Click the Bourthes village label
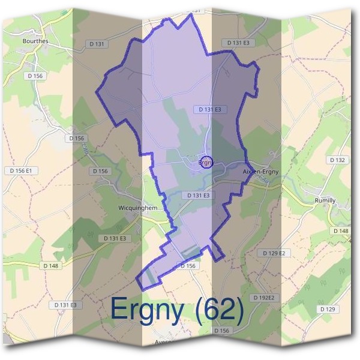[x=35, y=41]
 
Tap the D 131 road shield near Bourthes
[x=96, y=44]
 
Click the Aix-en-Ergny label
[x=260, y=172]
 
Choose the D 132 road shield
[x=338, y=160]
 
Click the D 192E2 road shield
[x=263, y=298]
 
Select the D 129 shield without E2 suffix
[x=328, y=308]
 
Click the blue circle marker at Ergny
[x=206, y=162]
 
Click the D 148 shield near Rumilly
[x=340, y=231]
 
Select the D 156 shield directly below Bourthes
[x=35, y=76]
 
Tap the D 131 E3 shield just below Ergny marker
[x=198, y=196]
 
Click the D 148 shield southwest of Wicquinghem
[x=51, y=266]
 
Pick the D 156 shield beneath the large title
[x=221, y=331]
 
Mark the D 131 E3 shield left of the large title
[x=65, y=305]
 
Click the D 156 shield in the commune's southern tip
[x=187, y=266]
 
